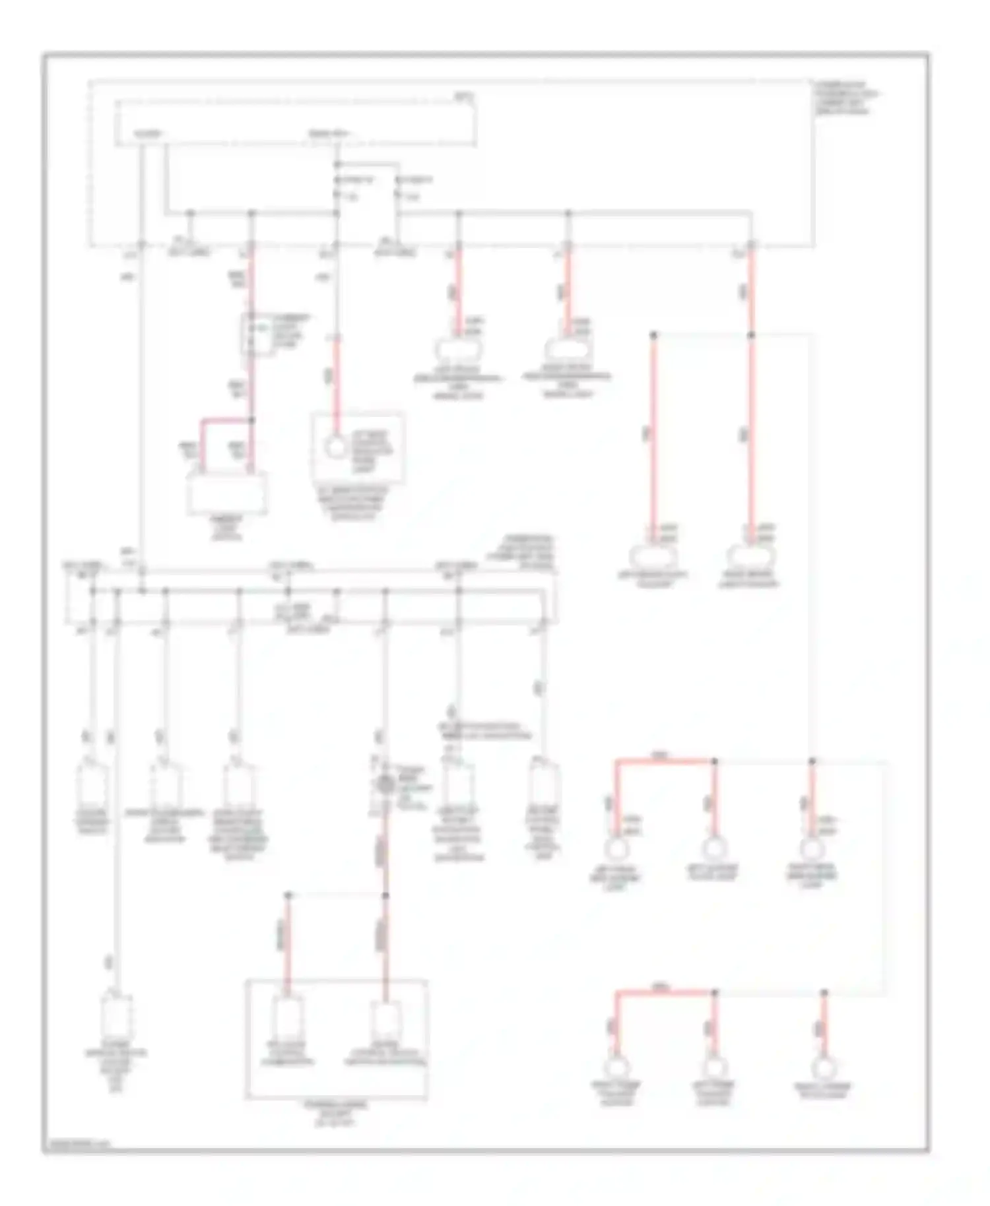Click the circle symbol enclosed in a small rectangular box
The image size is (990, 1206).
337,449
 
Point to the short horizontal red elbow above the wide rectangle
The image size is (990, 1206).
226,420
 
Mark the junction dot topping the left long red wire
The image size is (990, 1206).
654,336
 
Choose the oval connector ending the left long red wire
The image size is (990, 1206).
653,557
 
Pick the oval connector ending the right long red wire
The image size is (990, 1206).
750,557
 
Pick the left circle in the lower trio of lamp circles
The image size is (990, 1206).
616,1067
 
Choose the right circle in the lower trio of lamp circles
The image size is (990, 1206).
823,1067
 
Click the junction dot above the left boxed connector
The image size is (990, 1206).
288,895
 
